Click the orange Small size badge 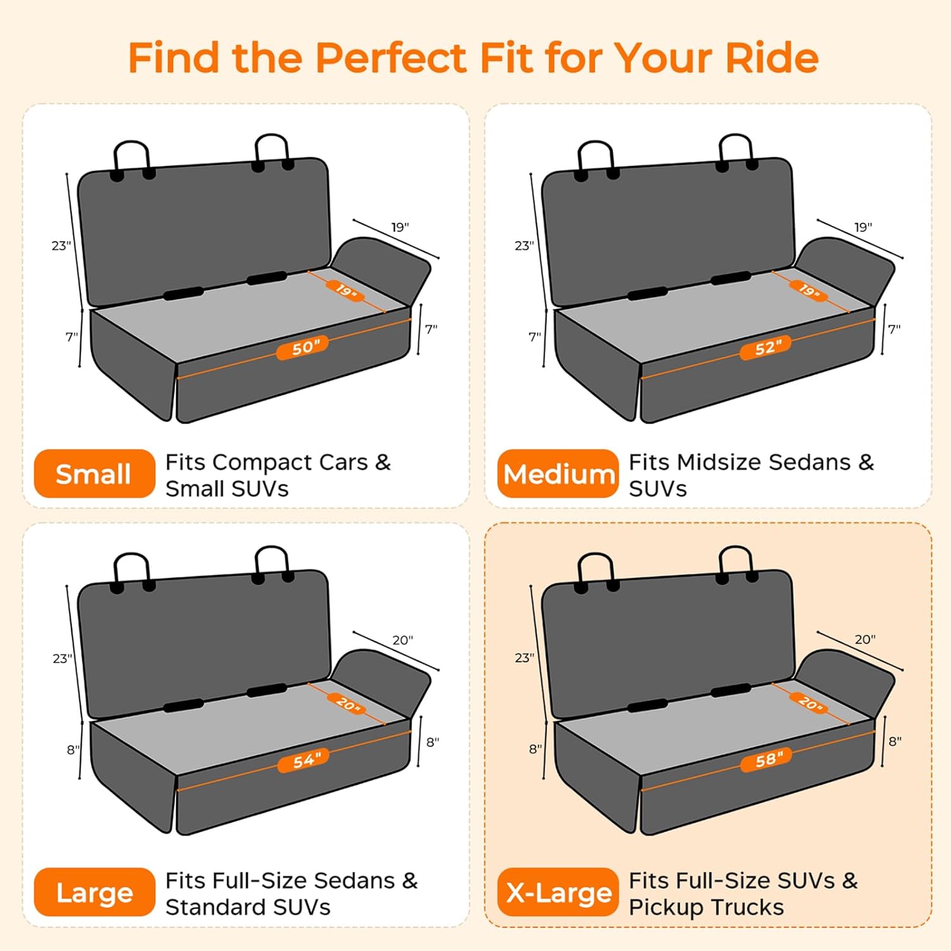click(x=94, y=474)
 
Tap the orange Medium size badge click(x=558, y=474)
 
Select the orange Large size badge click(x=94, y=892)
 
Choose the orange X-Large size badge click(x=558, y=892)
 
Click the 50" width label click(x=302, y=347)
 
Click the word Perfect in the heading click(x=391, y=58)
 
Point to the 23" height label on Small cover click(x=61, y=245)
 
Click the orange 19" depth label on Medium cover click(x=808, y=290)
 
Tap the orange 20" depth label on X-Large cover click(x=808, y=702)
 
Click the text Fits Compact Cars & click(x=278, y=462)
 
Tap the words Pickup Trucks click(x=706, y=907)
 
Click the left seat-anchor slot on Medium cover click(x=647, y=294)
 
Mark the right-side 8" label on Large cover click(x=432, y=742)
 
